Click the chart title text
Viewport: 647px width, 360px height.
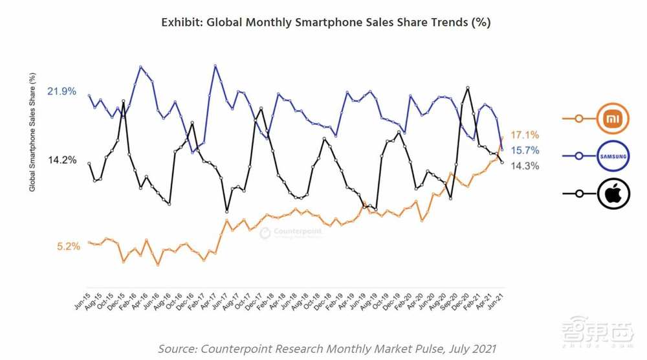click(x=325, y=23)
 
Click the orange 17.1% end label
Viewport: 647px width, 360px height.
click(x=525, y=135)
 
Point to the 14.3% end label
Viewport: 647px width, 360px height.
click(x=525, y=166)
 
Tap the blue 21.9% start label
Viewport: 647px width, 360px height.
click(x=62, y=92)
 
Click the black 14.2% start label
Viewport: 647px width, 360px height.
click(x=62, y=160)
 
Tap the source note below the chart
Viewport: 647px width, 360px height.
click(x=329, y=349)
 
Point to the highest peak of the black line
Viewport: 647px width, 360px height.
click(x=466, y=87)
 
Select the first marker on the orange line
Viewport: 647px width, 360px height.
click(x=89, y=242)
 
